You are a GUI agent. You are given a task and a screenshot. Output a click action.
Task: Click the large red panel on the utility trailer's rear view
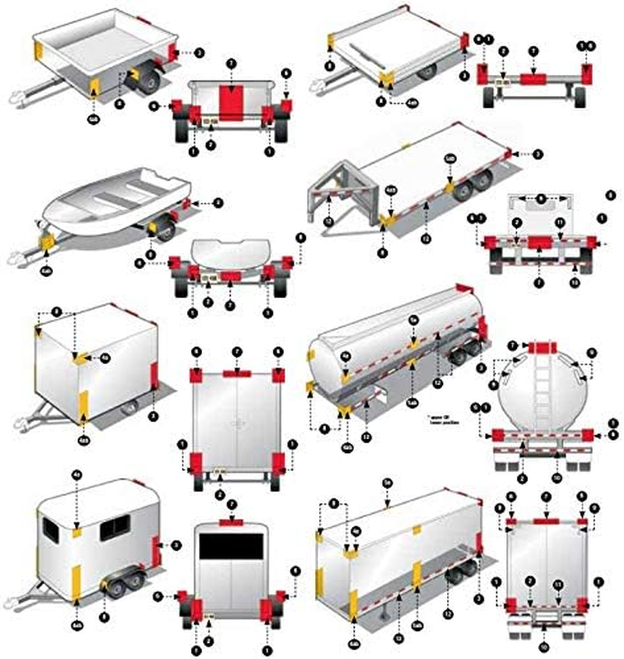coord(230,102)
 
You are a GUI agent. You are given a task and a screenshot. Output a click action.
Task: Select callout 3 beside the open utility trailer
coord(200,53)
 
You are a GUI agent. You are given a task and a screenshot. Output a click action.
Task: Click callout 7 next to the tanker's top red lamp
coord(512,345)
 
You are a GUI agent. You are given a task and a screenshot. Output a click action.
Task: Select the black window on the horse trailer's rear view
coord(230,547)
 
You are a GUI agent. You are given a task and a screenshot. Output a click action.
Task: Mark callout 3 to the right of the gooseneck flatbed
coord(537,154)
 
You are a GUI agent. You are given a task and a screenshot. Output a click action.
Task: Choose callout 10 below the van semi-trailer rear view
coord(544,646)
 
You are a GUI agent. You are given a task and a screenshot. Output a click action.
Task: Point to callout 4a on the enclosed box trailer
coord(105,358)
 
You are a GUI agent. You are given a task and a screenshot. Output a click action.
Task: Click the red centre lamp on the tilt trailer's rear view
coord(533,79)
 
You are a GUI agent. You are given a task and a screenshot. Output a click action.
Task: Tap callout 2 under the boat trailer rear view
coord(208,301)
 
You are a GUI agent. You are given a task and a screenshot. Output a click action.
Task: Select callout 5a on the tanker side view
coord(414,320)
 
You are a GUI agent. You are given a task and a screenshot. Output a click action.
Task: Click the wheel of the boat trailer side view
coord(165,231)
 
